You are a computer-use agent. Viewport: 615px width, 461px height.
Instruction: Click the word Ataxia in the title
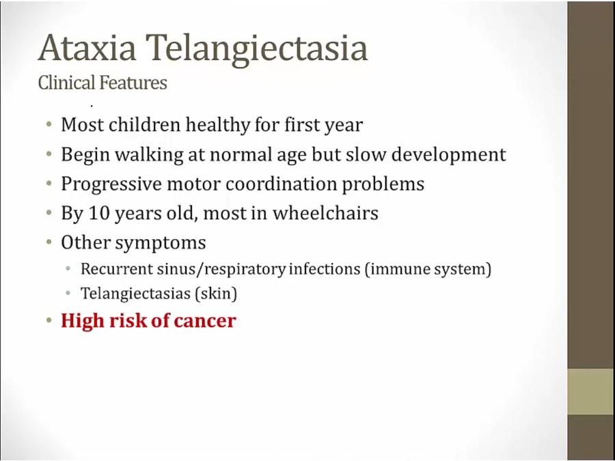pos(87,48)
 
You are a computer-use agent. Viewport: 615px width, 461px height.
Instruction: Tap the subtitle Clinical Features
pos(102,83)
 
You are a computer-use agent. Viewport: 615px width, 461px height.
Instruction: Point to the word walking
pos(149,155)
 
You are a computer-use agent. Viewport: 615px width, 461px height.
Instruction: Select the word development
pos(449,155)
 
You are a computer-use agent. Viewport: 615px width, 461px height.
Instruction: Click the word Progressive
pos(111,184)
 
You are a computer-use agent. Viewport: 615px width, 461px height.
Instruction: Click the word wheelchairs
pos(325,213)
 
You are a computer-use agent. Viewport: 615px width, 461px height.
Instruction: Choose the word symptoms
pos(167,243)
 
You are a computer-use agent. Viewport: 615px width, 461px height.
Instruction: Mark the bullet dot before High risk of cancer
pos(49,320)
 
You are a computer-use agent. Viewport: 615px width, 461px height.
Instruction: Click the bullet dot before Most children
pos(49,125)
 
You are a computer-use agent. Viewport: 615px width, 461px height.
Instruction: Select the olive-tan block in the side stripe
pos(591,391)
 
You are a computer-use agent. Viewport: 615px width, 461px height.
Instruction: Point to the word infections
pos(325,269)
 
